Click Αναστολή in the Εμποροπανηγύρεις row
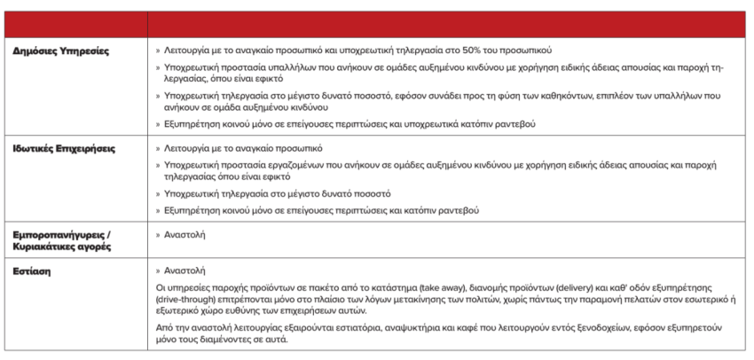coord(185,234)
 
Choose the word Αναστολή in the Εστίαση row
coord(185,270)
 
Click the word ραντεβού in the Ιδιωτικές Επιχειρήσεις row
coord(458,210)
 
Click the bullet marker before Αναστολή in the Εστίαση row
coord(158,270)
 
